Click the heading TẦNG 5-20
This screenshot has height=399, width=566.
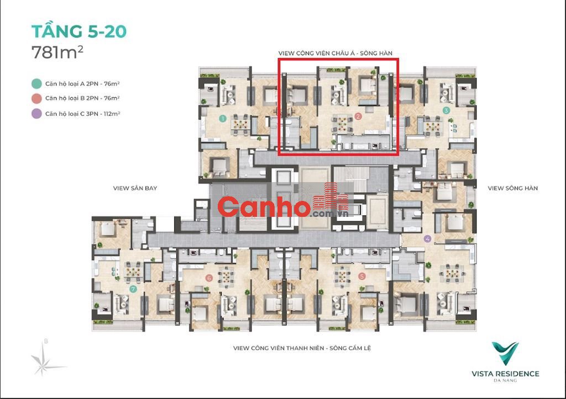[x=79, y=31]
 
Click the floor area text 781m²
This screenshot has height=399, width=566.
[x=57, y=52]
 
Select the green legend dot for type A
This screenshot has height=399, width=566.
[x=36, y=84]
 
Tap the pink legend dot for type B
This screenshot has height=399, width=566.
[x=36, y=98]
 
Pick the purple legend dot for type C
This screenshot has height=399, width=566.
[x=36, y=114]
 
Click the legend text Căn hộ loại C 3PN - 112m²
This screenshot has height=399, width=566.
[x=83, y=114]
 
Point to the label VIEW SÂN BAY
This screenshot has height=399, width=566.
[x=135, y=188]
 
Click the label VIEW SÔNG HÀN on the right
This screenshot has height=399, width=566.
[x=512, y=188]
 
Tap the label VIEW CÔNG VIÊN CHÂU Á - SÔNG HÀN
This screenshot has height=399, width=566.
[x=336, y=53]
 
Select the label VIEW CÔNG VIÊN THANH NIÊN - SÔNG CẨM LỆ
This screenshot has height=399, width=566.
[x=302, y=348]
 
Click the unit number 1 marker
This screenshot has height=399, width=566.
[x=223, y=118]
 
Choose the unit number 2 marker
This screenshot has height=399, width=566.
[x=358, y=116]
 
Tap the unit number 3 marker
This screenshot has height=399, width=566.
[x=446, y=110]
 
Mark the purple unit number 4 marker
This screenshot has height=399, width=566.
[x=428, y=238]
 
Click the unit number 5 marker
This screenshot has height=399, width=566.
[x=362, y=276]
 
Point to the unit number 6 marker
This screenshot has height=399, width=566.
[x=208, y=278]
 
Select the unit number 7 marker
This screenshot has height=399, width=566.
[x=134, y=289]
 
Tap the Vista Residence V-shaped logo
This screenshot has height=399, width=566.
[x=505, y=353]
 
